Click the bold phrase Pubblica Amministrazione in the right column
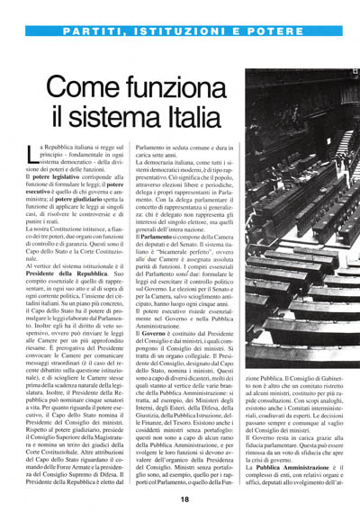point(298,467)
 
